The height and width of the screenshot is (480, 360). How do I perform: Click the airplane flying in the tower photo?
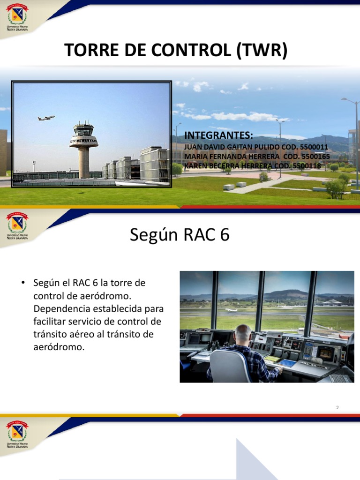click(46, 118)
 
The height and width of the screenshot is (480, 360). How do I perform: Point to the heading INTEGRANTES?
click(218, 135)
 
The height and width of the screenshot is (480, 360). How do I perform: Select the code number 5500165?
click(315, 156)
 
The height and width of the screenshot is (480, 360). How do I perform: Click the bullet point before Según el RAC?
click(23, 283)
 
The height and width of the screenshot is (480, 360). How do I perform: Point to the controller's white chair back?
click(230, 366)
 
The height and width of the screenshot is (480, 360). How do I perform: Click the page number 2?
click(337, 407)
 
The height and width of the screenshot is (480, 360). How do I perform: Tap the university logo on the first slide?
click(17, 17)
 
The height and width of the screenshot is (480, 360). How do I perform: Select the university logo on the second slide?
click(17, 226)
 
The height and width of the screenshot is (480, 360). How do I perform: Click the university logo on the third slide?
click(17, 435)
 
